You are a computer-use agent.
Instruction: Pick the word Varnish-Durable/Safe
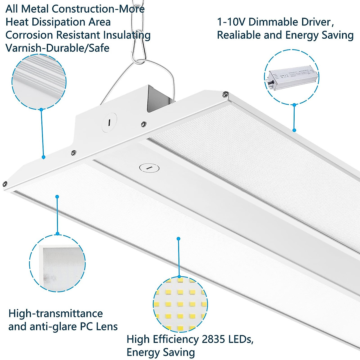57,48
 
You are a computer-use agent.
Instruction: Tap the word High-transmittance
56,313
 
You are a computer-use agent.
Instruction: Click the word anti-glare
54,326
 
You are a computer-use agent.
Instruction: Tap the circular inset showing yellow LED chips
180,304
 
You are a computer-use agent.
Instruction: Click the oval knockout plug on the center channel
149,168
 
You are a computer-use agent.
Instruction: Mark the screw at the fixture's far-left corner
5,184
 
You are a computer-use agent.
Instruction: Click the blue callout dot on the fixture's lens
57,197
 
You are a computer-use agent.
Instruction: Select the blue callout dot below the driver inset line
294,130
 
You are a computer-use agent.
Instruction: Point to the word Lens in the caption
107,326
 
